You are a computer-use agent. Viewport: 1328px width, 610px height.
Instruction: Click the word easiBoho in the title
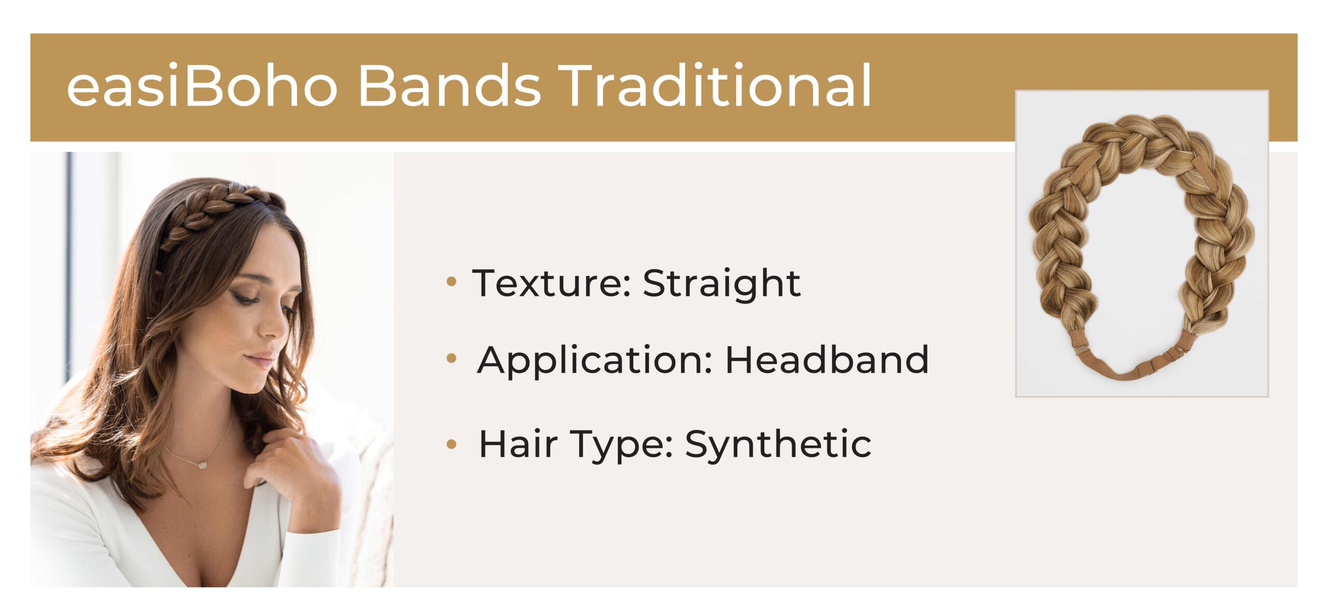(202, 86)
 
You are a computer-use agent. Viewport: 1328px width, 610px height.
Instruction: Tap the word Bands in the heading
(450, 86)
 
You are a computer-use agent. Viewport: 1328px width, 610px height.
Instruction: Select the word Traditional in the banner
(715, 86)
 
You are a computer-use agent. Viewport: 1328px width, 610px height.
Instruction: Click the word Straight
(722, 285)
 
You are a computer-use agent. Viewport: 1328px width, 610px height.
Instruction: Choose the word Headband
(827, 359)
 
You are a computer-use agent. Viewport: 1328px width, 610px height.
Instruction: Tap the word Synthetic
(778, 445)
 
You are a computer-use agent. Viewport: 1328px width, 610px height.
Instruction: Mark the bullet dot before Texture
(451, 282)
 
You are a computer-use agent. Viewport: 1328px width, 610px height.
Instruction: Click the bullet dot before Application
(451, 358)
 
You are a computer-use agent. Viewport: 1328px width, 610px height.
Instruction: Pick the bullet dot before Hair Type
(451, 444)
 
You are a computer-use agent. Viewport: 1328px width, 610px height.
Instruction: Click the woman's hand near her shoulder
(290, 467)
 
